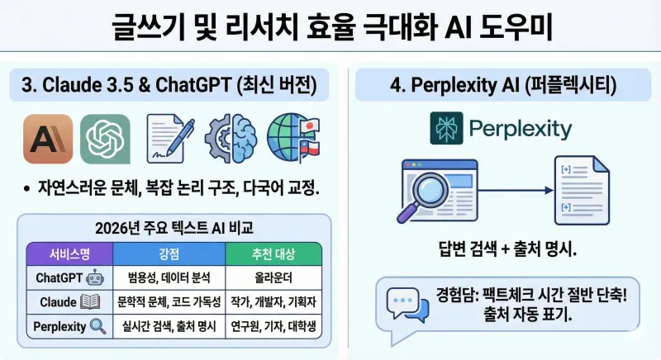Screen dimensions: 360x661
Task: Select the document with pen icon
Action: click(x=169, y=138)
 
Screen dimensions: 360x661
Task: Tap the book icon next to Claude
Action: click(x=91, y=302)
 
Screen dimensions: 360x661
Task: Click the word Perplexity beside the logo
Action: click(x=520, y=130)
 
